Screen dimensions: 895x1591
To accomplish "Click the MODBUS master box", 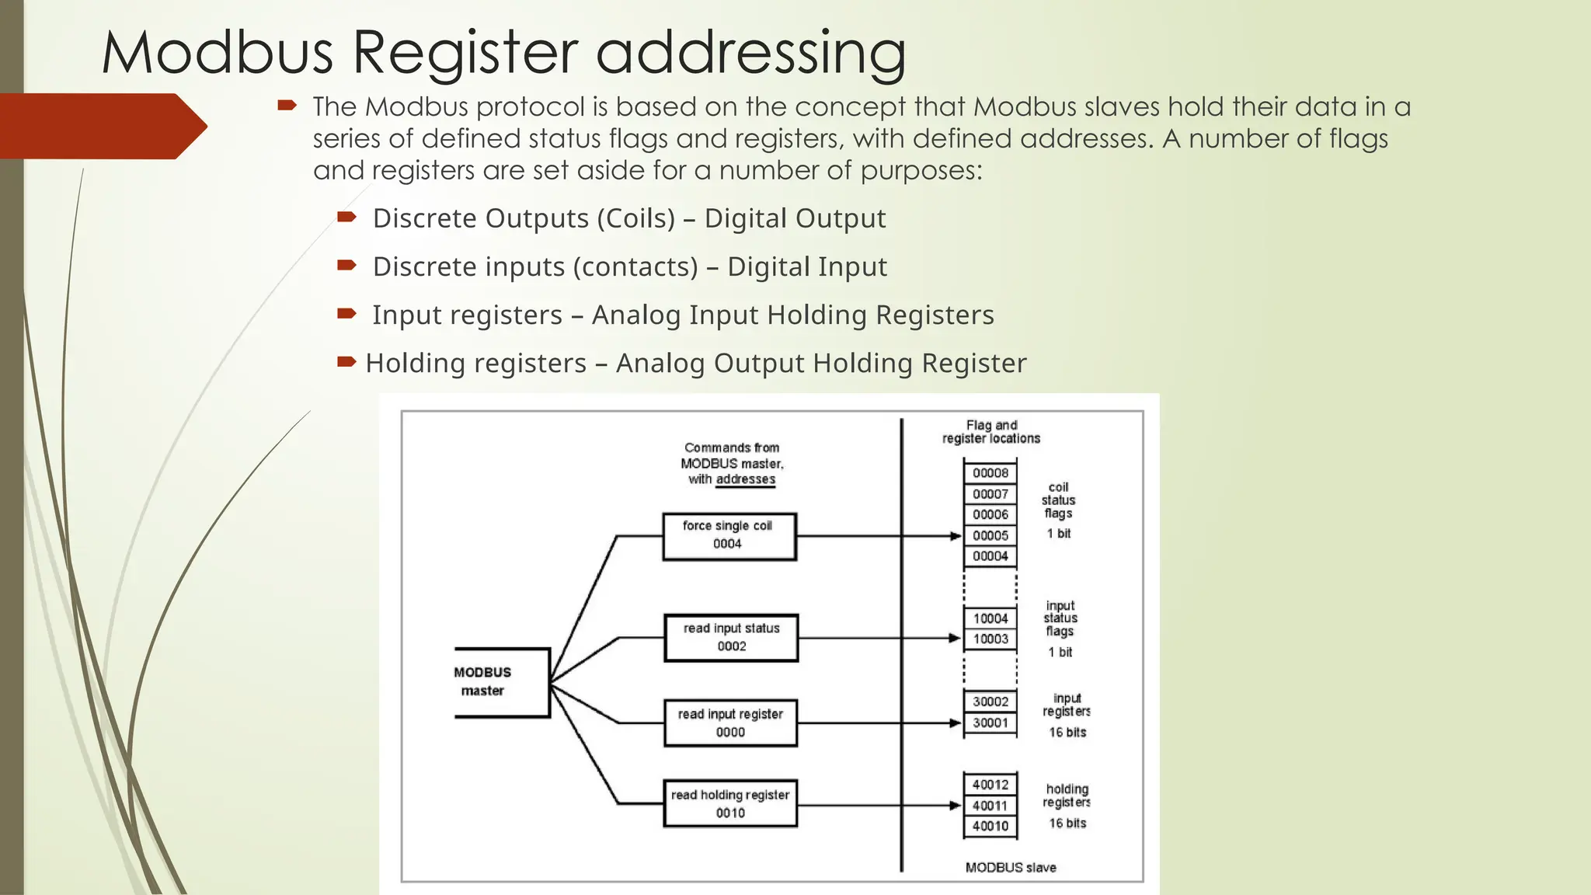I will click(x=501, y=682).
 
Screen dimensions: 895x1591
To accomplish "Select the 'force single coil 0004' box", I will click(x=729, y=536).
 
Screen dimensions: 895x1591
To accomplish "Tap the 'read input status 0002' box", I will click(x=731, y=638).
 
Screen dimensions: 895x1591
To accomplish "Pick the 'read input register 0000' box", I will click(x=730, y=723).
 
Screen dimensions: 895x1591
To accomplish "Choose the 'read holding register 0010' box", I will click(x=730, y=804).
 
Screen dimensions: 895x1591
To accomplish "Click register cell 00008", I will click(x=990, y=473).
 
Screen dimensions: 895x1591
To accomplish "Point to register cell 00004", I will click(x=990, y=556).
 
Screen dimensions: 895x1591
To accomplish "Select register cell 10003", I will click(x=990, y=639).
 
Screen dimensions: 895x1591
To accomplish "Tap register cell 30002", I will click(x=990, y=702).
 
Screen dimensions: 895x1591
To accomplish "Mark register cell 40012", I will click(x=990, y=785).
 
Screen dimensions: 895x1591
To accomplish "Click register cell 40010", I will click(x=990, y=826).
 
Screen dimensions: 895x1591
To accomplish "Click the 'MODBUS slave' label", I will click(x=1011, y=868).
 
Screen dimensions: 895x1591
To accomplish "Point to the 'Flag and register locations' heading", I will click(x=991, y=432).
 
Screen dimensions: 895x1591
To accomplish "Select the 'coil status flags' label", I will click(x=1058, y=500).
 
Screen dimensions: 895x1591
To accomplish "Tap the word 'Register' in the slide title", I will click(x=465, y=53).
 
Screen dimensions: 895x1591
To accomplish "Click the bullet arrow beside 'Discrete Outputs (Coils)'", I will click(x=346, y=217).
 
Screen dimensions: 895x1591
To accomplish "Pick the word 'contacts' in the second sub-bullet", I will click(x=635, y=266).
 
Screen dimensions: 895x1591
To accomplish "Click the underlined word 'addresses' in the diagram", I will click(x=746, y=479).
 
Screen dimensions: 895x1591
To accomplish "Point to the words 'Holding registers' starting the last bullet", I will click(x=475, y=363).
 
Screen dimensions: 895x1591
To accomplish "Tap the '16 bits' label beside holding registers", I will click(x=1067, y=824).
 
